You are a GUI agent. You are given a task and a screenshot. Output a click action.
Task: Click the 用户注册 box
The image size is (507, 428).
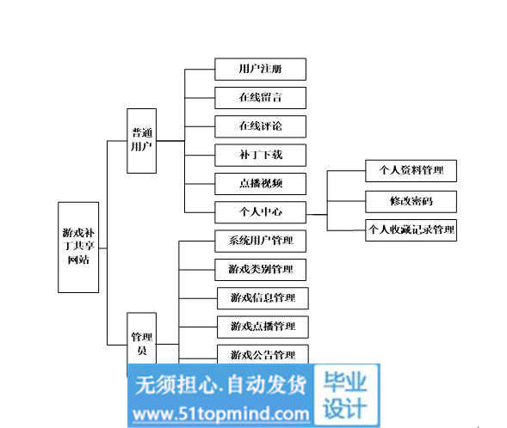pyautogui.click(x=260, y=69)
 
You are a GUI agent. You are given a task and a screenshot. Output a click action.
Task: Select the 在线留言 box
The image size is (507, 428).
pyautogui.click(x=260, y=98)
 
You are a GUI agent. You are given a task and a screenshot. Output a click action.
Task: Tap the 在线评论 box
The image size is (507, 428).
pyautogui.click(x=260, y=126)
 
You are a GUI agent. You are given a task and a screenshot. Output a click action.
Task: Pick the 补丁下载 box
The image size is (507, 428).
pyautogui.click(x=260, y=156)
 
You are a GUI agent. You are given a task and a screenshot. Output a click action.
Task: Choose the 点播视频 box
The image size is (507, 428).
pyautogui.click(x=260, y=184)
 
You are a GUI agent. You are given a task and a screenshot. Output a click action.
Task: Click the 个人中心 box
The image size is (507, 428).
pyautogui.click(x=260, y=212)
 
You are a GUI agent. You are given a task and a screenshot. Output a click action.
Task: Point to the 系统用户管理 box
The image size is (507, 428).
pyautogui.click(x=260, y=242)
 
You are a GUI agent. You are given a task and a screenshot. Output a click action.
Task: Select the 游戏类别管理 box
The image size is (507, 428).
pyautogui.click(x=260, y=270)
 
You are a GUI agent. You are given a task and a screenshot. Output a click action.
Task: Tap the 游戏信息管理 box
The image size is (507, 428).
pyautogui.click(x=263, y=298)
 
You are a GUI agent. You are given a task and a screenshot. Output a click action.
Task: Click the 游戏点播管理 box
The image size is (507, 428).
pyautogui.click(x=263, y=327)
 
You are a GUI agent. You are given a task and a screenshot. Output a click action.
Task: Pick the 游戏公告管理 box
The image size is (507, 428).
pyautogui.click(x=263, y=354)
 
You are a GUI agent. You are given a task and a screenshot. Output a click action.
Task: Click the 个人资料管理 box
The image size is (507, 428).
pyautogui.click(x=411, y=171)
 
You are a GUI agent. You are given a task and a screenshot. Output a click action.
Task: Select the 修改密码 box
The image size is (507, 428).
pyautogui.click(x=411, y=202)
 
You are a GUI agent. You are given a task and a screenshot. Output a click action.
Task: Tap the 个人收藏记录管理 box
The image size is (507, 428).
pyautogui.click(x=411, y=230)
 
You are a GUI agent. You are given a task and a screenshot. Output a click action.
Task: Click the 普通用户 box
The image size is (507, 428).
pyautogui.click(x=142, y=141)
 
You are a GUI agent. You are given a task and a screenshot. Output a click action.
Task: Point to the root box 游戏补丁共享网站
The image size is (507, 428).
pyautogui.click(x=78, y=248)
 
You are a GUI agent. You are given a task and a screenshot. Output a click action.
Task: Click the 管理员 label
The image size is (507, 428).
pyautogui.click(x=142, y=344)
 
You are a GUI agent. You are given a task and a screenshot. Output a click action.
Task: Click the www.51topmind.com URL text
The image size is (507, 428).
pyautogui.click(x=221, y=413)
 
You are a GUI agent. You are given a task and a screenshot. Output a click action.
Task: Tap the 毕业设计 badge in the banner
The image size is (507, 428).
pyautogui.click(x=346, y=395)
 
